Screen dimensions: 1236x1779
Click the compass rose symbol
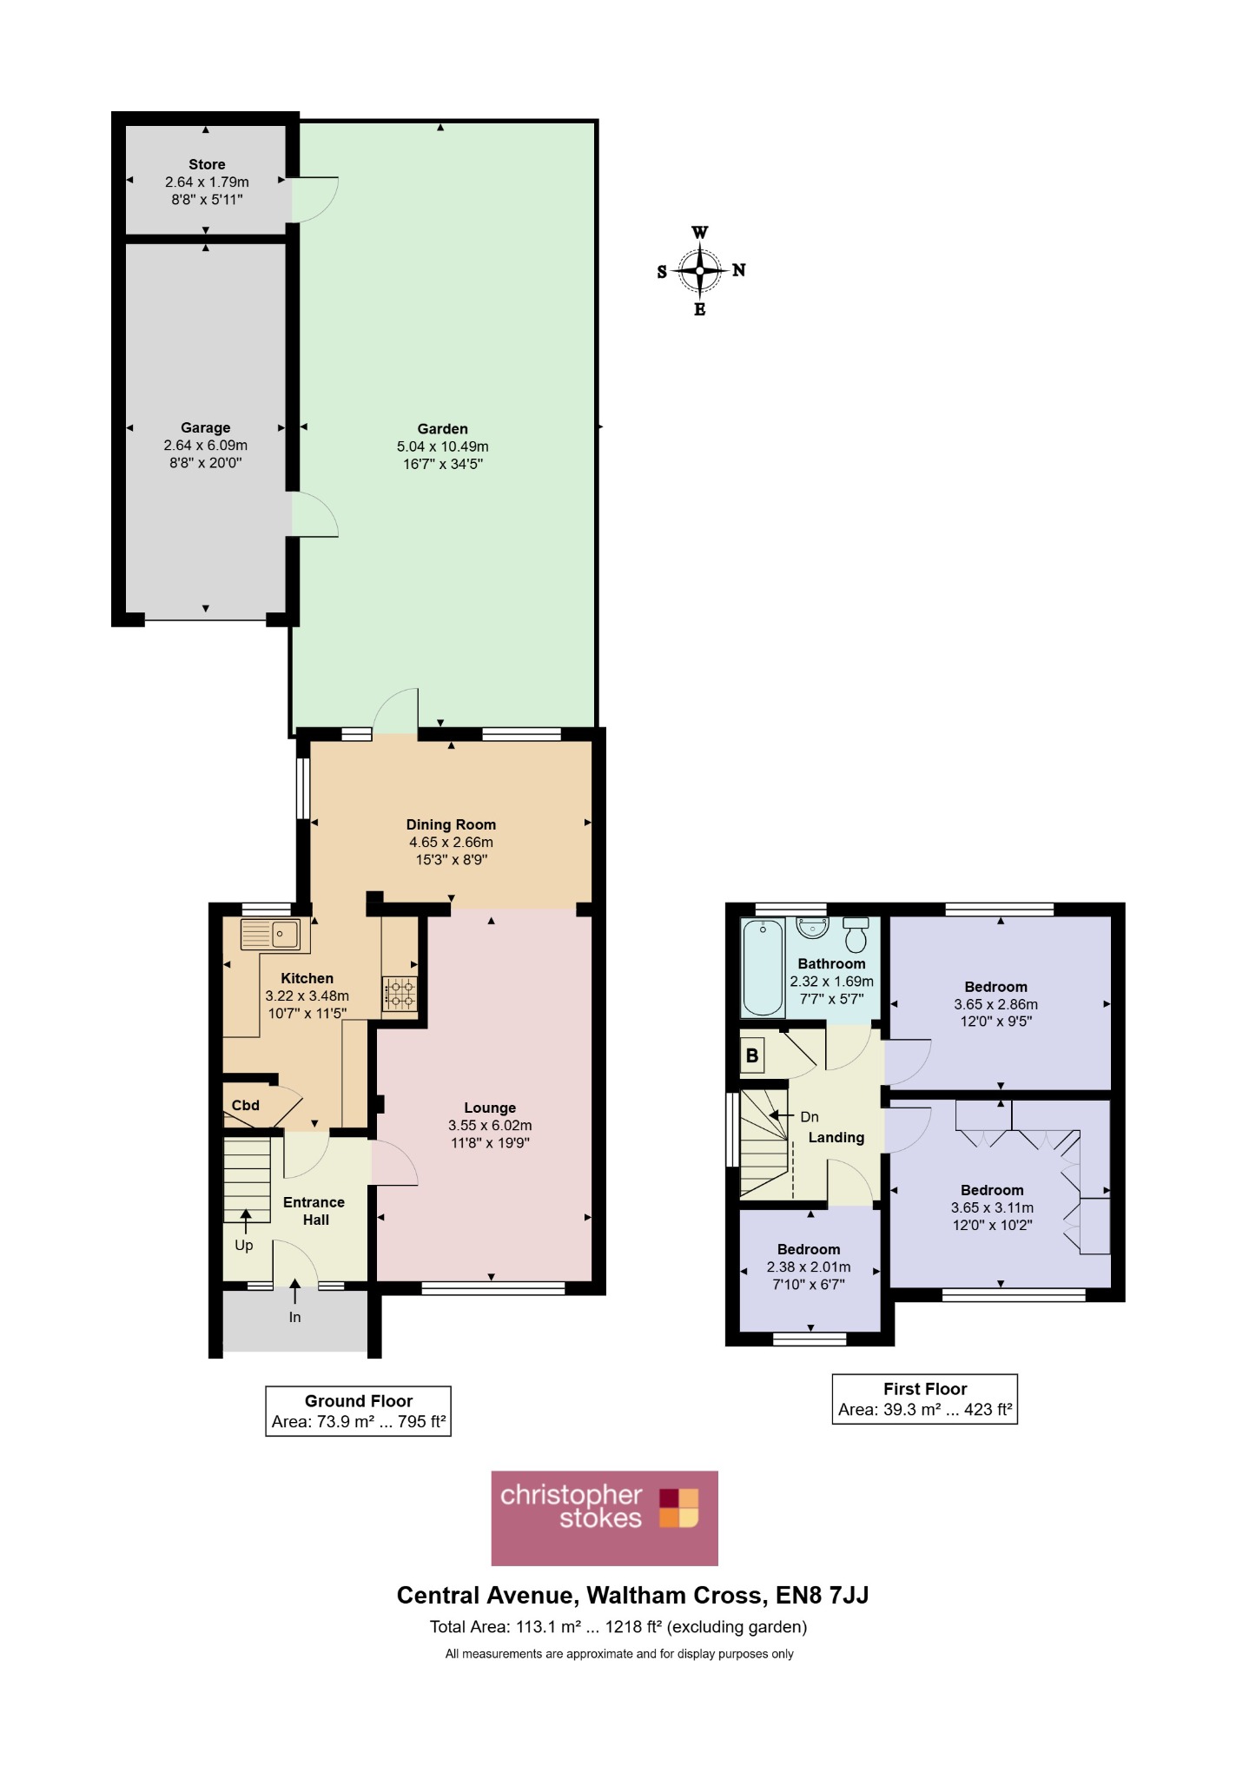pyautogui.click(x=700, y=270)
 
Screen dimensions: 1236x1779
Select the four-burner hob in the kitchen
pyautogui.click(x=400, y=994)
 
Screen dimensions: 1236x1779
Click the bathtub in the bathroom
pyautogui.click(x=763, y=968)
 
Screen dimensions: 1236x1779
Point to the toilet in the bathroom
pyautogui.click(x=856, y=934)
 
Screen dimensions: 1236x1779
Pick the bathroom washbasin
pyautogui.click(x=813, y=928)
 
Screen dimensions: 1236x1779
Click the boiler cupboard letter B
pyautogui.click(x=752, y=1056)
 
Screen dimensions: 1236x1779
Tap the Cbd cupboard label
pyautogui.click(x=246, y=1105)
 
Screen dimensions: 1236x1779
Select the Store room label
pyautogui.click(x=207, y=164)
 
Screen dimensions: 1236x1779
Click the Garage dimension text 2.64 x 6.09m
pyautogui.click(x=206, y=446)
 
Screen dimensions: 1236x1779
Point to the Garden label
pyautogui.click(x=443, y=428)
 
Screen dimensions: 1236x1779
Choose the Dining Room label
pyautogui.click(x=452, y=824)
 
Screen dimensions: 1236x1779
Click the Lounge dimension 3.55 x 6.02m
pyautogui.click(x=490, y=1126)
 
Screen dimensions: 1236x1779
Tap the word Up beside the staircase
pyautogui.click(x=244, y=1246)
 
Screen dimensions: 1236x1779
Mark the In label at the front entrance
pyautogui.click(x=295, y=1317)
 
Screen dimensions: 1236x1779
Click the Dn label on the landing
pyautogui.click(x=810, y=1117)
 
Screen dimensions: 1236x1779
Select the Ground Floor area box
pyautogui.click(x=359, y=1411)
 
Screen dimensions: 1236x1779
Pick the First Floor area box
pyautogui.click(x=925, y=1399)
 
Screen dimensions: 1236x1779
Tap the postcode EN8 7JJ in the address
pyautogui.click(x=823, y=1596)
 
